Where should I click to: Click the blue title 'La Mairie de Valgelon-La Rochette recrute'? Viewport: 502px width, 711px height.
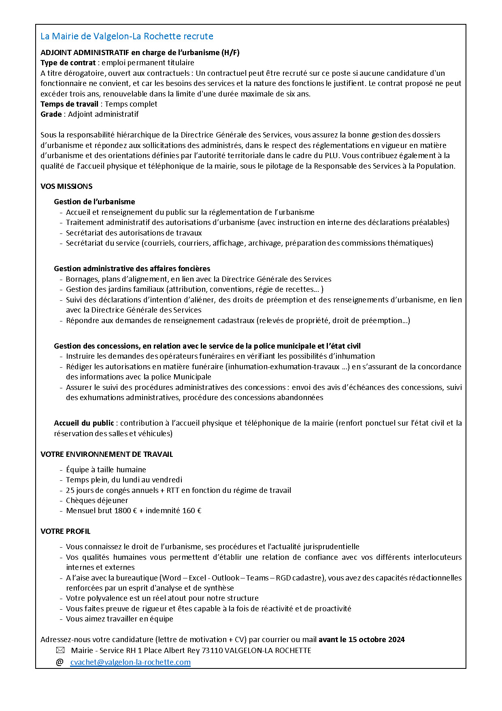tap(127, 36)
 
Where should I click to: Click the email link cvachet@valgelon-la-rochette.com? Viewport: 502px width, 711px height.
tap(130, 662)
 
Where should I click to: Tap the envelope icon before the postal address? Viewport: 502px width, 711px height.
tap(60, 650)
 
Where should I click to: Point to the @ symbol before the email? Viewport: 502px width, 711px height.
tap(60, 662)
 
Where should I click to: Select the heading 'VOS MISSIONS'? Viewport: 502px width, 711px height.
tap(66, 186)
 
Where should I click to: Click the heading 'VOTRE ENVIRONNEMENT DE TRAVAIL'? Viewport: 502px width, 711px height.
tap(107, 454)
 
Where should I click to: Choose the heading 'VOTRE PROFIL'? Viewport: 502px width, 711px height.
tap(66, 531)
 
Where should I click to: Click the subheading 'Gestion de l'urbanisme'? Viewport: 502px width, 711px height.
tap(94, 202)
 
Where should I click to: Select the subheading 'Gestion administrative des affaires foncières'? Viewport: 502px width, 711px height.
tap(132, 269)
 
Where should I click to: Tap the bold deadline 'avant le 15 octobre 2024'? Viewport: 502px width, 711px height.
tap(362, 640)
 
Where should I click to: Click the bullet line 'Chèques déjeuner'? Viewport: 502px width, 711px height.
tap(97, 501)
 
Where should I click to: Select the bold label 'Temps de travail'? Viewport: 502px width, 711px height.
tap(69, 104)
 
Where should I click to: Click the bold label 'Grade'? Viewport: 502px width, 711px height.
tap(51, 114)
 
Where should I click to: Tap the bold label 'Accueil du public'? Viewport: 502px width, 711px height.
tap(84, 423)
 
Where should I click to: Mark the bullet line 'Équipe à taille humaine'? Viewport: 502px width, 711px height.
tap(106, 470)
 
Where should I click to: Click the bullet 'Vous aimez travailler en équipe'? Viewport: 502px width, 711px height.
tap(119, 619)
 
